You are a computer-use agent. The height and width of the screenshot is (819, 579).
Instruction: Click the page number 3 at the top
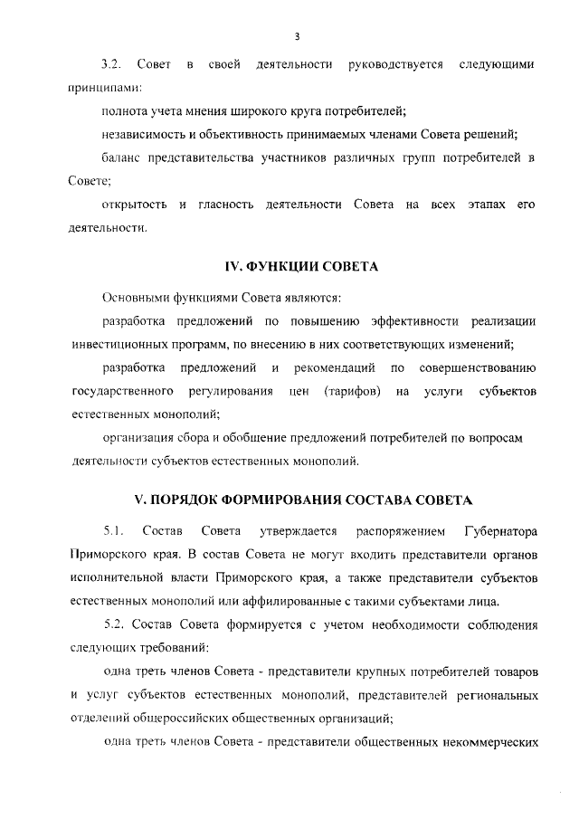(x=296, y=36)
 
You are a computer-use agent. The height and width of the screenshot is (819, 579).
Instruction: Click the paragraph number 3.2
(x=111, y=65)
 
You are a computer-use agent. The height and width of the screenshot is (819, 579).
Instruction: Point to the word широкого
(x=257, y=112)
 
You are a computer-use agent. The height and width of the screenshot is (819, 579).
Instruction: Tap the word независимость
(x=145, y=136)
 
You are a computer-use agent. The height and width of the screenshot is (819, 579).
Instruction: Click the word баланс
(x=121, y=159)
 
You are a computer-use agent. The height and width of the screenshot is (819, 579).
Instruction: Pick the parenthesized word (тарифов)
(x=351, y=392)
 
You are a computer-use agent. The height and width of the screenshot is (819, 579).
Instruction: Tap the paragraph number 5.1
(x=113, y=529)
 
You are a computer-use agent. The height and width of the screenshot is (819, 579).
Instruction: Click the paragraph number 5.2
(x=113, y=624)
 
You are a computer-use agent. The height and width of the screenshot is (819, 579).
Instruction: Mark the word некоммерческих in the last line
(x=497, y=742)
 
